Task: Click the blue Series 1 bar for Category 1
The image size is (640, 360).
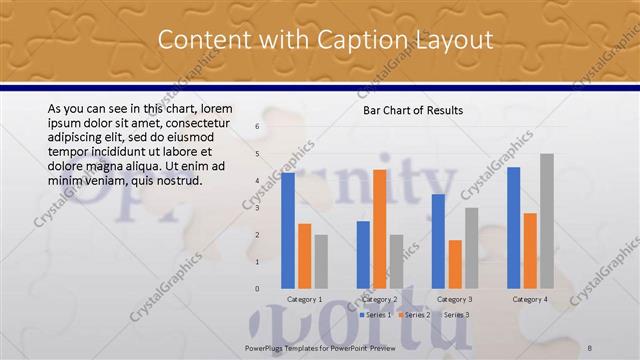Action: coord(288,230)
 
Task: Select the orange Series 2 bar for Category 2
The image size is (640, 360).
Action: coord(380,229)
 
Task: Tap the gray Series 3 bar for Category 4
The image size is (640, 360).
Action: coord(546,221)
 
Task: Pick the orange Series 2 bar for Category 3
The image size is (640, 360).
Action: coord(455,264)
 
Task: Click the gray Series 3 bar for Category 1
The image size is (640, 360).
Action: coord(321,261)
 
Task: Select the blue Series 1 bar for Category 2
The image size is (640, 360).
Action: coord(363,254)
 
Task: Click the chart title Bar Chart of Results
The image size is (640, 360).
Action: coord(412,110)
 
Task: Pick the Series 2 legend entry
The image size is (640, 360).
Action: coord(415,315)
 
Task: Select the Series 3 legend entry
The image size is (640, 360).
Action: coord(455,315)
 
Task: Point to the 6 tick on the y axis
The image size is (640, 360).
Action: coord(257,127)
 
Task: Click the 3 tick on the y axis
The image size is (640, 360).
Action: coord(257,208)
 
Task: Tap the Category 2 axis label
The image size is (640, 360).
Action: coord(379,299)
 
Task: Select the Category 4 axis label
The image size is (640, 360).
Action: coord(530,299)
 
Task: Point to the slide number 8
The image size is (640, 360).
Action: coord(590,347)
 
